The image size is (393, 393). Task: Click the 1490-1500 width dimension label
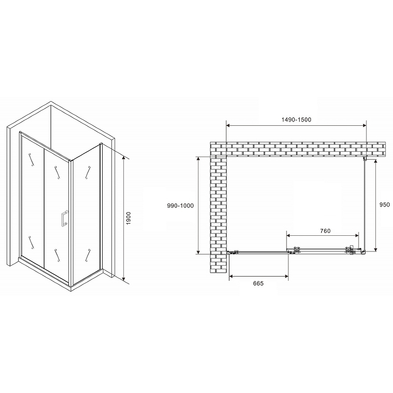click(x=296, y=119)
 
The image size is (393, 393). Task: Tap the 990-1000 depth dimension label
click(x=180, y=205)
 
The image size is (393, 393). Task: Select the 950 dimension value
click(x=385, y=204)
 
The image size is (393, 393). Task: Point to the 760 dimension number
click(x=325, y=231)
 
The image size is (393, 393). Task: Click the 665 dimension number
click(x=258, y=283)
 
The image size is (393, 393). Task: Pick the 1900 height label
click(x=128, y=218)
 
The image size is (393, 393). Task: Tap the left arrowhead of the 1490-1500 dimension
click(x=228, y=125)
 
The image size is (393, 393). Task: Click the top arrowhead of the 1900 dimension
click(x=124, y=158)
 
